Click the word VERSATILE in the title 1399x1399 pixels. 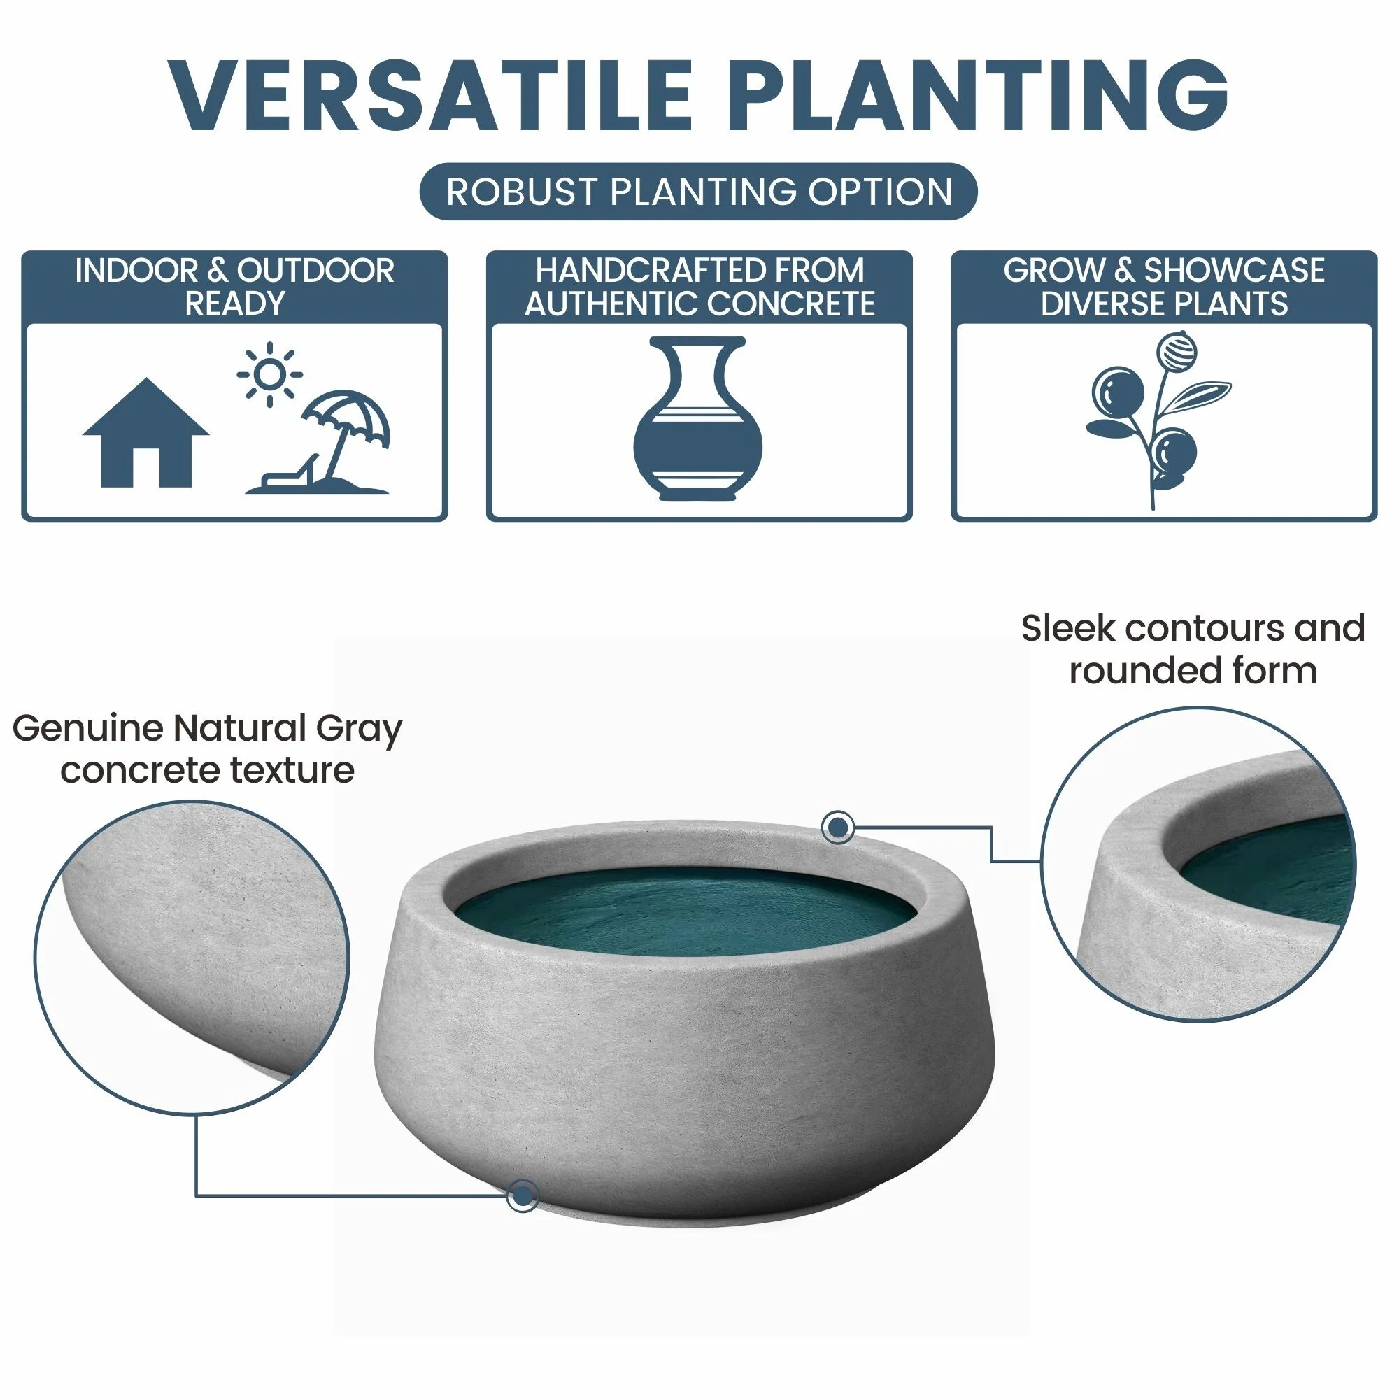[431, 96]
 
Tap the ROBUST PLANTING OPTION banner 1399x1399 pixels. [699, 192]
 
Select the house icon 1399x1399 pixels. [145, 432]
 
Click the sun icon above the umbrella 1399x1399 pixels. [269, 374]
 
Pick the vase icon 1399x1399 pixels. [697, 418]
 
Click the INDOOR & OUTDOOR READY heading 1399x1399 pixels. [234, 287]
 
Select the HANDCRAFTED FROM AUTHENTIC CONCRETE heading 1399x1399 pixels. [699, 287]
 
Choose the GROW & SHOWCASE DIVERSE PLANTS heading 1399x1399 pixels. [1164, 287]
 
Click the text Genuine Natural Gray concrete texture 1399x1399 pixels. [207, 748]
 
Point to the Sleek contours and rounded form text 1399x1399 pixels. [1193, 649]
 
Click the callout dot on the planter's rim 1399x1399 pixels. [838, 826]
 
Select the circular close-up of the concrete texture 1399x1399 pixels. [191, 958]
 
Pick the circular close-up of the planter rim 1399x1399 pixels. [1198, 864]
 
